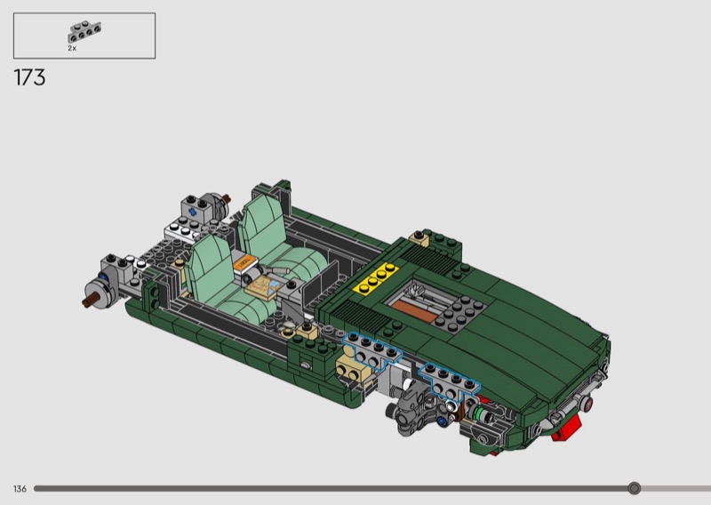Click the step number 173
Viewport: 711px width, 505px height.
pyautogui.click(x=30, y=77)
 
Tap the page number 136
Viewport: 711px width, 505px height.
pyautogui.click(x=20, y=489)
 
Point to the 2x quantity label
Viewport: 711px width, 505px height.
pyautogui.click(x=72, y=48)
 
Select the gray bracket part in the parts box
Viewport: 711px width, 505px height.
pyautogui.click(x=84, y=32)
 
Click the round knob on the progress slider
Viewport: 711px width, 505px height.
pyautogui.click(x=634, y=488)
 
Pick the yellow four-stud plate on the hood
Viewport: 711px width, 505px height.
pyautogui.click(x=376, y=278)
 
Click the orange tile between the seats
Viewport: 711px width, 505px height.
pyautogui.click(x=244, y=262)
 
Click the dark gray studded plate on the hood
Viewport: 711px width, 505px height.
pyautogui.click(x=459, y=313)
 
